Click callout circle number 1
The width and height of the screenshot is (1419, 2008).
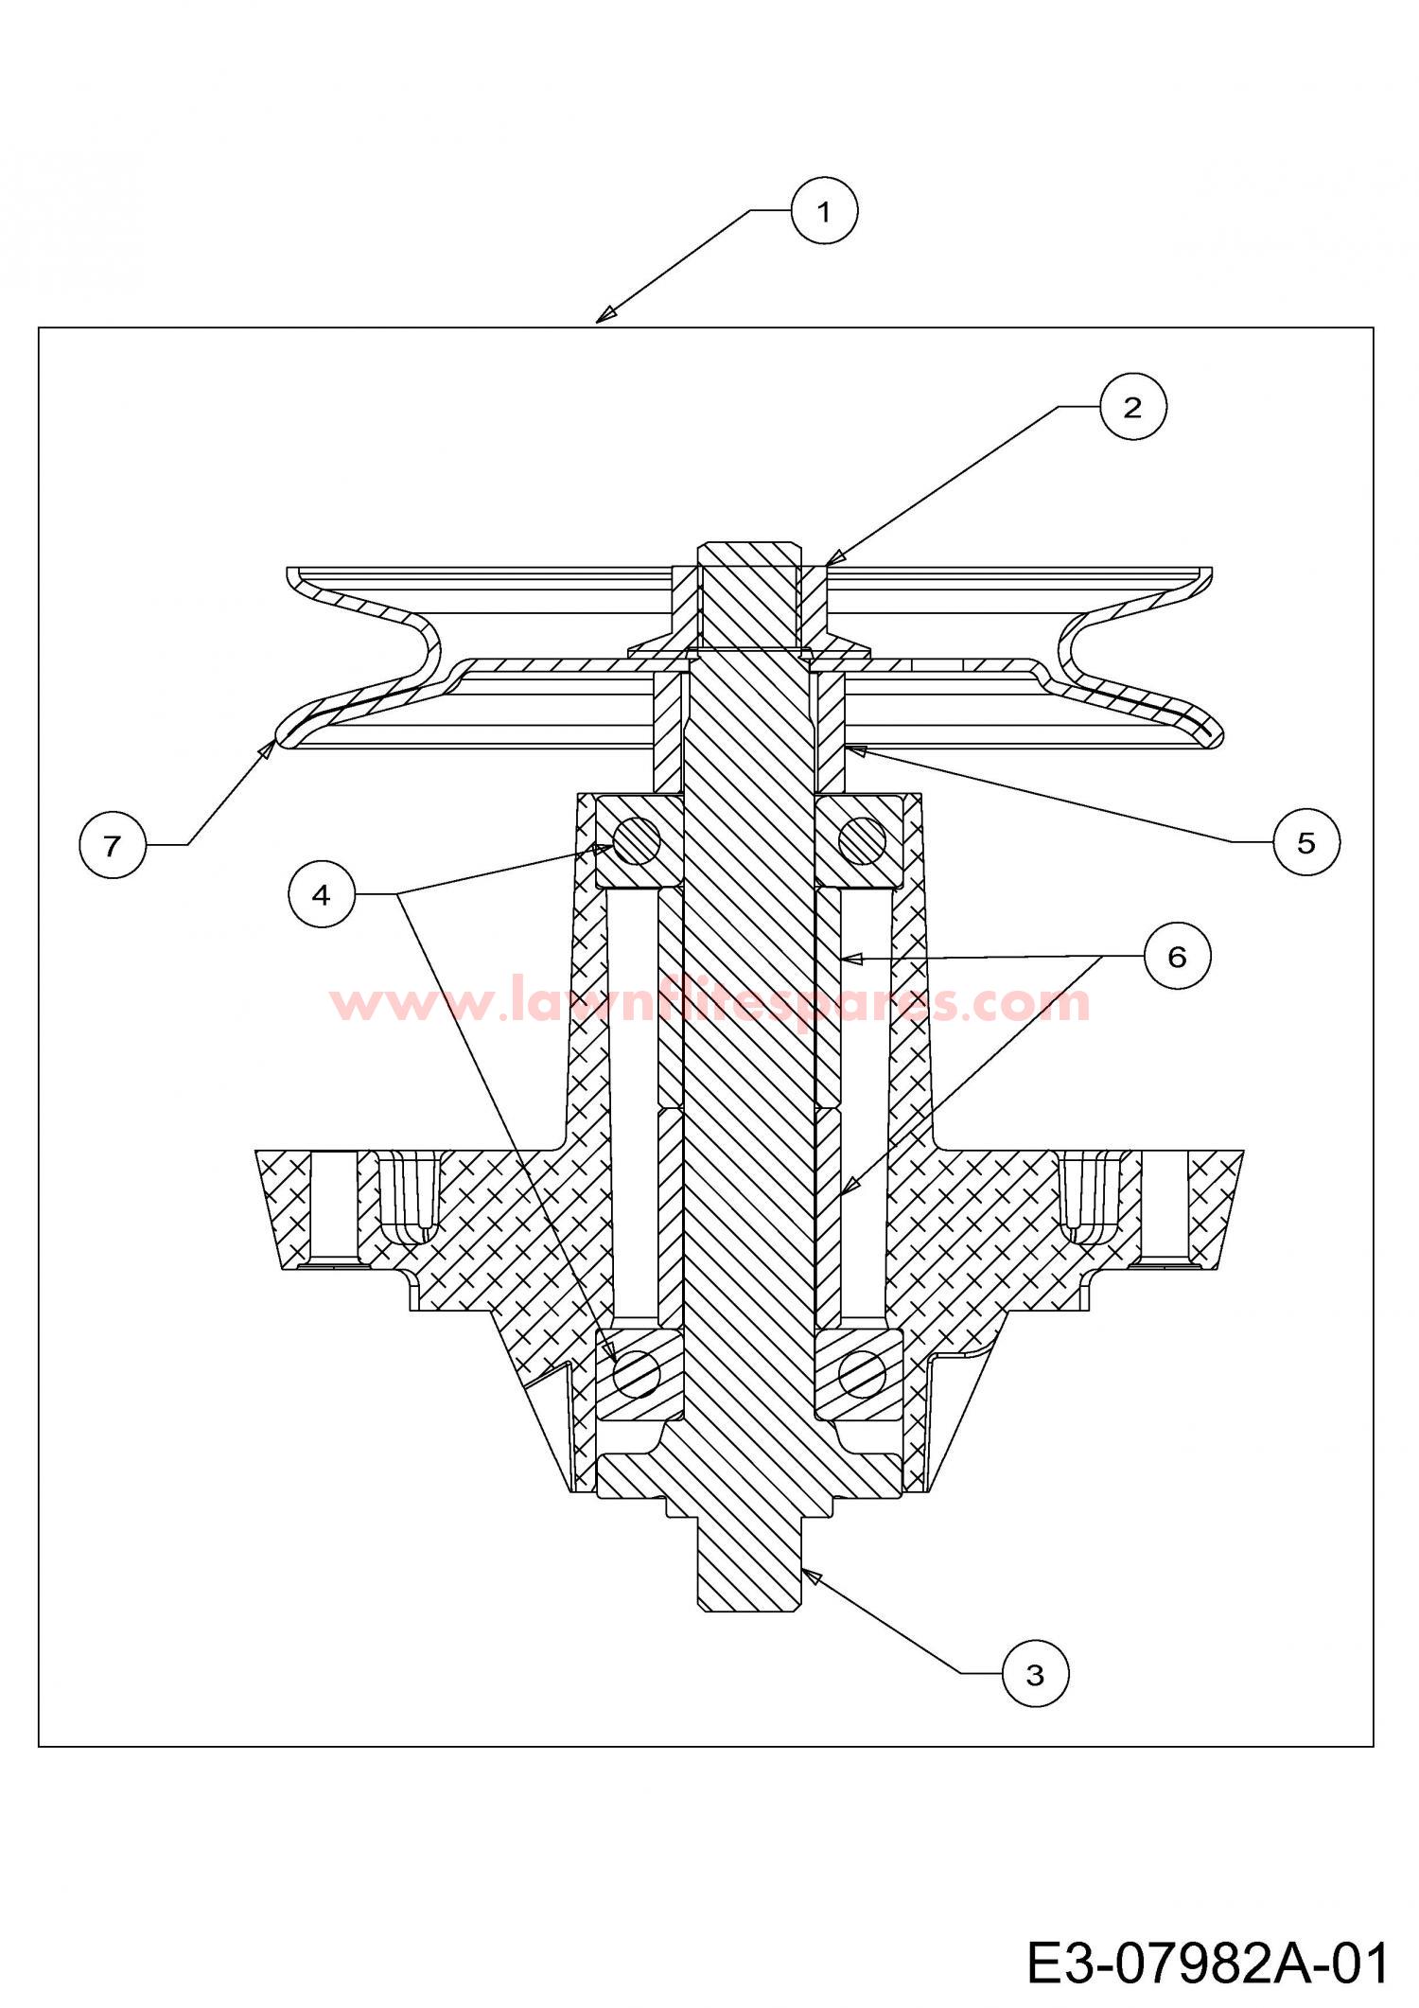click(x=824, y=212)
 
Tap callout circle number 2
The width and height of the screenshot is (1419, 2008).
click(x=1132, y=407)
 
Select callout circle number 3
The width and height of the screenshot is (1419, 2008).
click(x=1035, y=1675)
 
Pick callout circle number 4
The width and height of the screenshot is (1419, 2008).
click(x=322, y=894)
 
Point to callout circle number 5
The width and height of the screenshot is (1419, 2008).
click(x=1306, y=841)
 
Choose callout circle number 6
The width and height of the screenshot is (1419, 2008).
click(x=1177, y=957)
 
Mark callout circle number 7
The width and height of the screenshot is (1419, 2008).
click(x=113, y=845)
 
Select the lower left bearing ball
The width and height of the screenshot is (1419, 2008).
click(x=637, y=1372)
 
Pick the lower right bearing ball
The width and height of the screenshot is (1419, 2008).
click(x=863, y=1372)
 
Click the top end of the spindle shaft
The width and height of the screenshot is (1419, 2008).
click(x=748, y=545)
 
